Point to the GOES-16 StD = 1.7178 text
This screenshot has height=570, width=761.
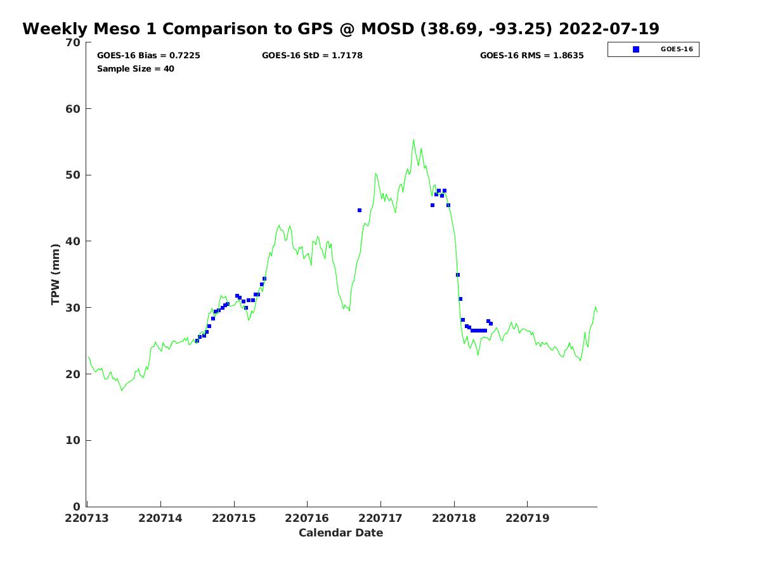point(312,56)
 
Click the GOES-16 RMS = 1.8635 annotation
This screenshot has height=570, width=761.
point(531,56)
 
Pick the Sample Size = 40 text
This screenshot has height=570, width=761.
point(136,69)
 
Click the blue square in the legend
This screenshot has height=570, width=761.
point(636,49)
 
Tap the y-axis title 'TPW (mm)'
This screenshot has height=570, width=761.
point(56,274)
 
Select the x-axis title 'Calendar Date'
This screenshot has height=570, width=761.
point(341,533)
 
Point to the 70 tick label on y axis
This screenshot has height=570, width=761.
point(74,43)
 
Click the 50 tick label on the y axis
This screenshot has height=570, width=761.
point(74,175)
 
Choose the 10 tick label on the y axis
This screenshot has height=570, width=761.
point(74,441)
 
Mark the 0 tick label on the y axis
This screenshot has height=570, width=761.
point(77,507)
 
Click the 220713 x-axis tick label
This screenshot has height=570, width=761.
point(88,518)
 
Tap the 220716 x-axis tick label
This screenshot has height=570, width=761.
point(308,518)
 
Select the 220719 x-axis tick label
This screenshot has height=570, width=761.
point(527,518)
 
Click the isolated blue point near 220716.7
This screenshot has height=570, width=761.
point(360,210)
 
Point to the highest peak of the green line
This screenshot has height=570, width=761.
point(413,140)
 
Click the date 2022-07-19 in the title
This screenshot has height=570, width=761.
point(609,29)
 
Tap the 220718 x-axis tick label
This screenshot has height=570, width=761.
point(454,518)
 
